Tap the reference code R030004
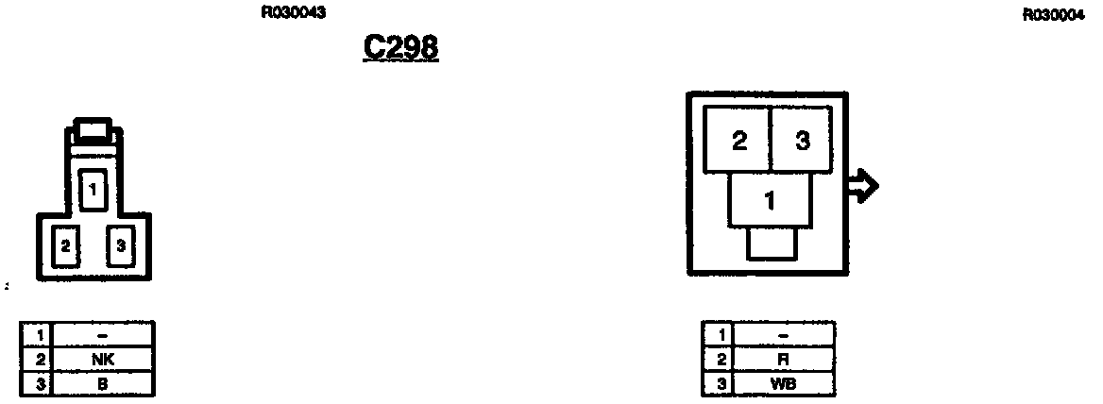pos(1054,14)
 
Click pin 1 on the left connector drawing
pos(93,191)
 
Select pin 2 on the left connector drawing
pos(65,245)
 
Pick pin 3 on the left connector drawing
pos(120,245)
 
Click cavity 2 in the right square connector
pos(739,142)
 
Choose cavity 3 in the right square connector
pos(802,142)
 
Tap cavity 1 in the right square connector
pos(771,199)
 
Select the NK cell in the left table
pos(103,360)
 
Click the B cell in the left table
pos(103,384)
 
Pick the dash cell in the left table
pos(103,334)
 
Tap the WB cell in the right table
pos(784,384)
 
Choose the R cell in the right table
pos(784,360)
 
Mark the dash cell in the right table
pos(784,334)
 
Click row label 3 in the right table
pos(719,384)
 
